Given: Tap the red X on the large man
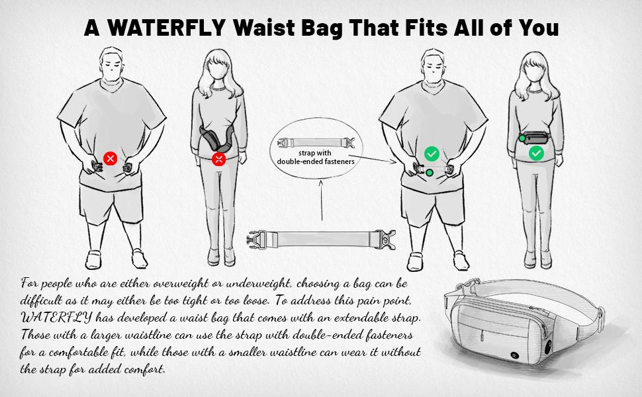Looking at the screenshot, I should pyautogui.click(x=111, y=158).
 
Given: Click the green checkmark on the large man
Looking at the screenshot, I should pyautogui.click(x=432, y=154).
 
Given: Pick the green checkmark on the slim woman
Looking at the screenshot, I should pyautogui.click(x=536, y=154).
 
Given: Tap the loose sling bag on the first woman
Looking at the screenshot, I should pyautogui.click(x=211, y=138).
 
